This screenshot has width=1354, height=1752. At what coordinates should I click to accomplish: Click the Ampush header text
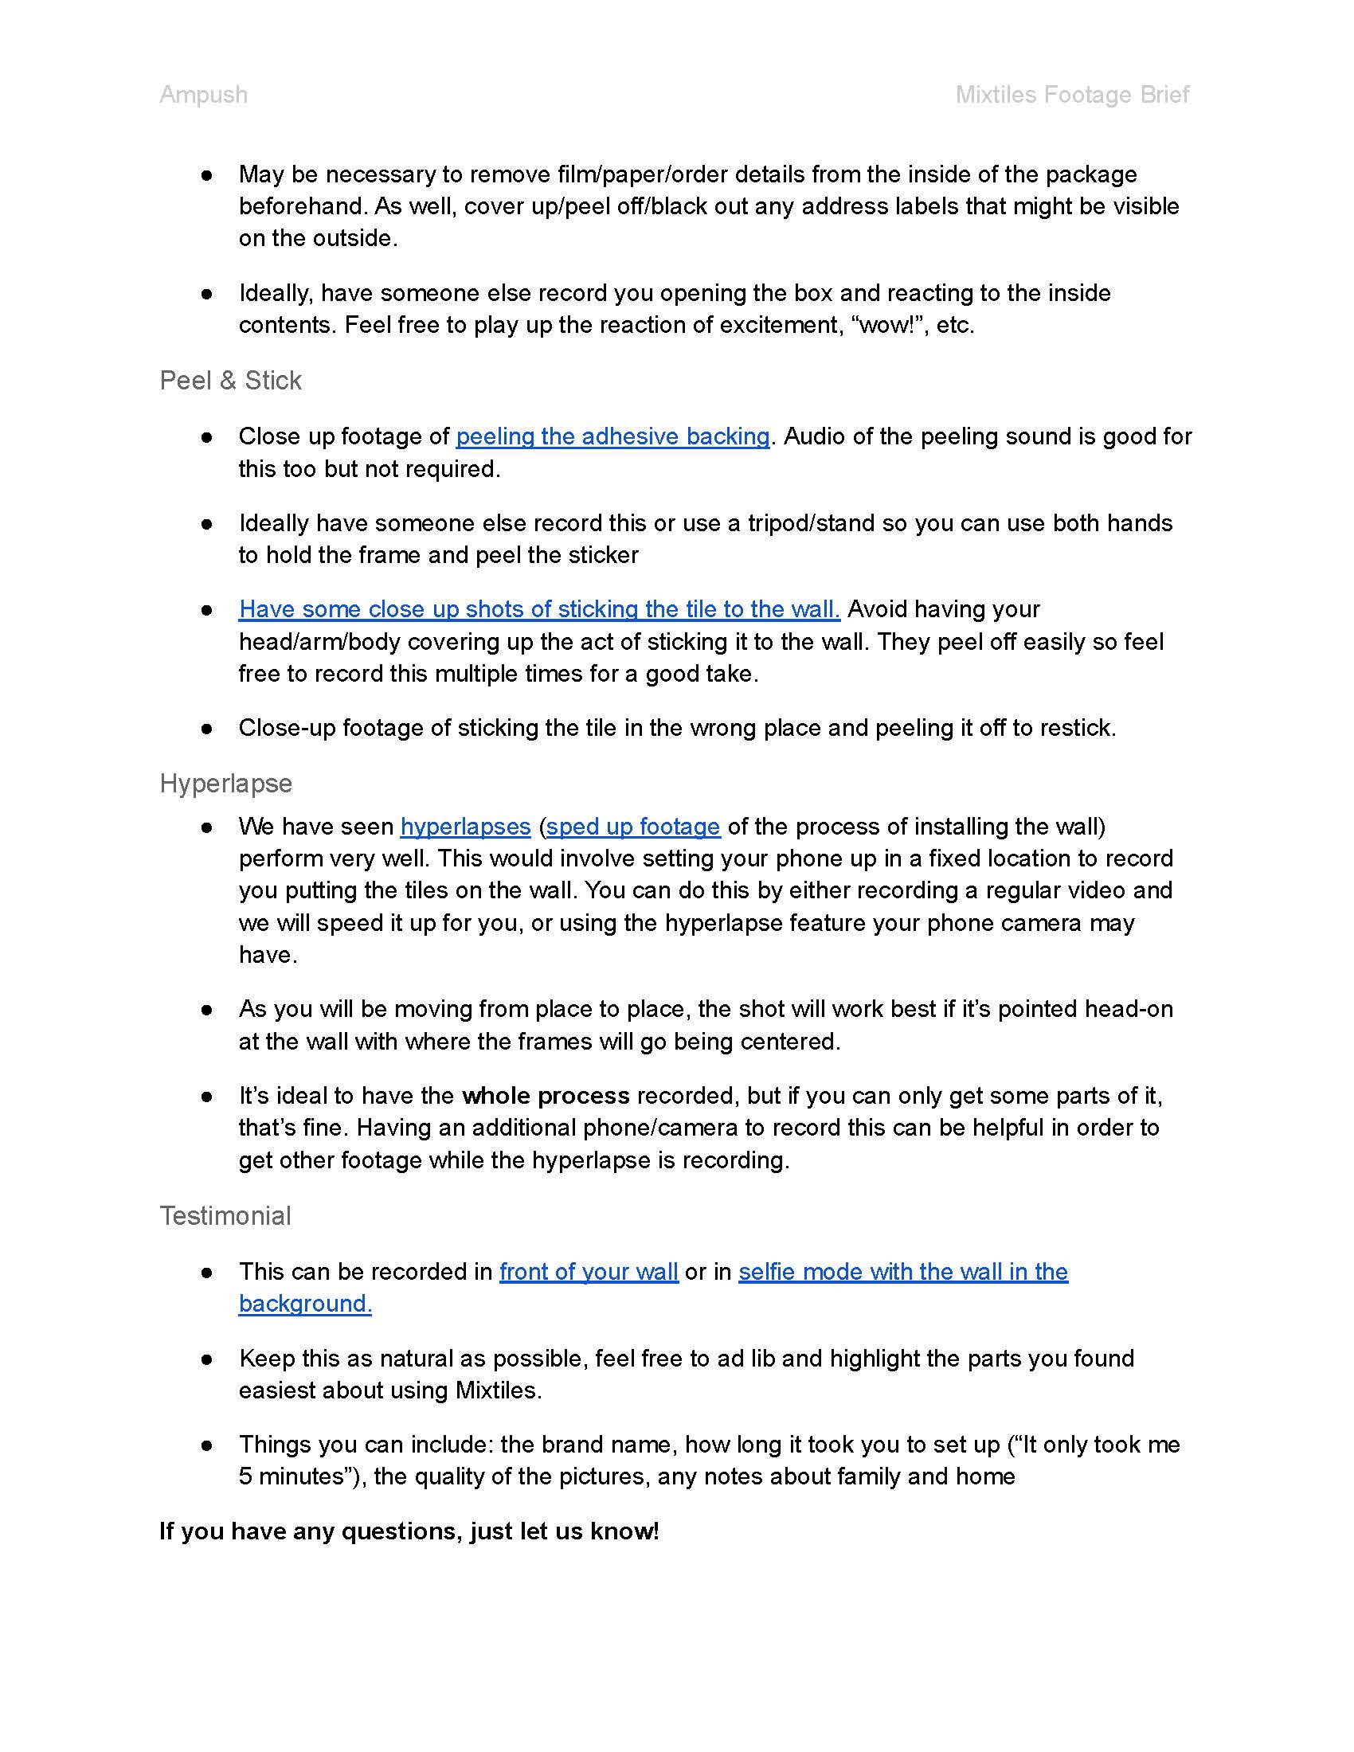[x=203, y=95]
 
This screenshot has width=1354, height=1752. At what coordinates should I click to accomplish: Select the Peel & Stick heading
[x=230, y=380]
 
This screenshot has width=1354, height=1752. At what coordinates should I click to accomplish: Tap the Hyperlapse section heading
[x=225, y=783]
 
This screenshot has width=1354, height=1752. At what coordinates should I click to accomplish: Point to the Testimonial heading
[x=225, y=1215]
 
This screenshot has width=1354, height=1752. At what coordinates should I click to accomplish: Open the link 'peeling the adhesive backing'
[x=612, y=436]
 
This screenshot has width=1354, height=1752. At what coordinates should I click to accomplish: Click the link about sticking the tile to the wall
[x=539, y=609]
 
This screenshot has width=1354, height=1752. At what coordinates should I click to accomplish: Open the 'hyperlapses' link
[x=465, y=827]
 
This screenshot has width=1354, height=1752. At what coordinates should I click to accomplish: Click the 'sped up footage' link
[x=633, y=827]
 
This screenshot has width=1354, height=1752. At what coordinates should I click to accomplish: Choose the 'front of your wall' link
[x=589, y=1272]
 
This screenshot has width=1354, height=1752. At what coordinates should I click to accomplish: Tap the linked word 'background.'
[x=305, y=1304]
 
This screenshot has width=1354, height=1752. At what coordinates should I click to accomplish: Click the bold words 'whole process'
[x=546, y=1096]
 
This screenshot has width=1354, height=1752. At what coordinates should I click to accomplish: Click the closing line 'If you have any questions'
[x=409, y=1531]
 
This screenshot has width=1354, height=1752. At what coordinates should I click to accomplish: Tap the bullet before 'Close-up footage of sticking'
[x=207, y=729]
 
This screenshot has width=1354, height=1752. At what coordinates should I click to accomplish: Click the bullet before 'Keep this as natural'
[x=207, y=1359]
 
